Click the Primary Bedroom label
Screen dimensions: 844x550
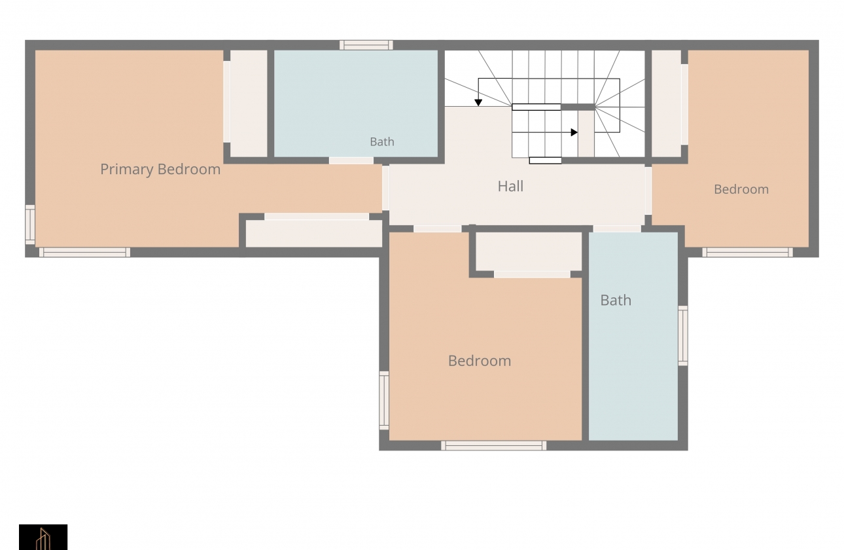160,170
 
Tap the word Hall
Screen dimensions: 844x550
510,186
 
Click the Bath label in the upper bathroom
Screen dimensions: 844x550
382,141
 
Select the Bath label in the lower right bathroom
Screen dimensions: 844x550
616,301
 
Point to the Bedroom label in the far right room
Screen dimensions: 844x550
741,189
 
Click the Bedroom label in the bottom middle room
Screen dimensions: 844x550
480,361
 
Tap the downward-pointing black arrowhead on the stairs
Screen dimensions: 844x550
478,103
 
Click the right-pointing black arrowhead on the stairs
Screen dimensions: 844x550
574,132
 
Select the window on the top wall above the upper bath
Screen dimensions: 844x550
366,45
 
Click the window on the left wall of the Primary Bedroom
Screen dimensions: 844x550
30,225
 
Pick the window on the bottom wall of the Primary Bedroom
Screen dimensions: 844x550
85,253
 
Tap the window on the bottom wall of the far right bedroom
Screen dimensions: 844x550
748,253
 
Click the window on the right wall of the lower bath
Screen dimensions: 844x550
683,336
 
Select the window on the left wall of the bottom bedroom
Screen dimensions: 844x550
384,401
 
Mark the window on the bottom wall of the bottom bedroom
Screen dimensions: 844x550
493,446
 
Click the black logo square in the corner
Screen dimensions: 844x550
43,537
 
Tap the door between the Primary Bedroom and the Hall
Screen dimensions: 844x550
385,188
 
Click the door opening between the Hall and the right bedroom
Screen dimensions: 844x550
648,191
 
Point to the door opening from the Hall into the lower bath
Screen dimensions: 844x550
617,229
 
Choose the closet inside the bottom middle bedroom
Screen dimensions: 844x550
529,251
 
